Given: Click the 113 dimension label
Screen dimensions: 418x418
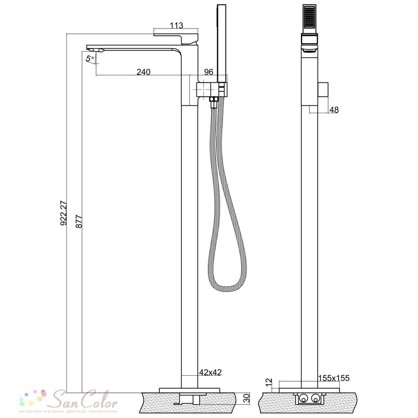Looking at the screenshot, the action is click(176, 25).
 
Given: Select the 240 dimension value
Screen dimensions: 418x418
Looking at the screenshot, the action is click(143, 72).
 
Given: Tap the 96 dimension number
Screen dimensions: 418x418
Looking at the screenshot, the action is click(209, 72).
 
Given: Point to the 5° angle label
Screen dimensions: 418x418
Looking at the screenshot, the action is click(90, 58).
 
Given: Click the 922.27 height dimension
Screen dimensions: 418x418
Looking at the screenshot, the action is click(64, 213).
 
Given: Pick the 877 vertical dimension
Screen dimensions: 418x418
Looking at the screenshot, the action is click(79, 221).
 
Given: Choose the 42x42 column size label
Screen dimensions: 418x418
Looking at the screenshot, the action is click(210, 372).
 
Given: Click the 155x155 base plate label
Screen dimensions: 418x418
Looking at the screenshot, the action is click(334, 378).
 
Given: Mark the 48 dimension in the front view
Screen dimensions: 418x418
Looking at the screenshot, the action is click(334, 110).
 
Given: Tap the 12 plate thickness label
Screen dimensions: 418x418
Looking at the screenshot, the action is click(269, 382).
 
